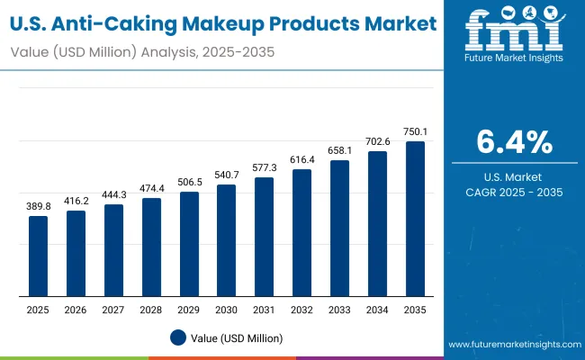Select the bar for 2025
(x=38, y=256)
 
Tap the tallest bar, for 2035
(x=415, y=219)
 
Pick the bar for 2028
(x=151, y=247)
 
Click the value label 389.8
(x=38, y=207)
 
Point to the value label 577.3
(x=264, y=168)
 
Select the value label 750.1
(x=415, y=131)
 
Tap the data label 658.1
(x=339, y=151)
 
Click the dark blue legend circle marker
(x=178, y=337)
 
